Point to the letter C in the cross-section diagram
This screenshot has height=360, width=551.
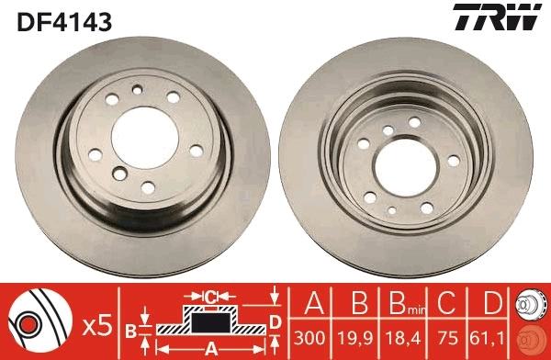click(x=209, y=296)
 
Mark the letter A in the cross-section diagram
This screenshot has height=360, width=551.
click(x=210, y=349)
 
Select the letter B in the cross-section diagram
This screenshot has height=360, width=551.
click(x=130, y=329)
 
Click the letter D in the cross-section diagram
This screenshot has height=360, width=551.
click(x=274, y=321)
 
